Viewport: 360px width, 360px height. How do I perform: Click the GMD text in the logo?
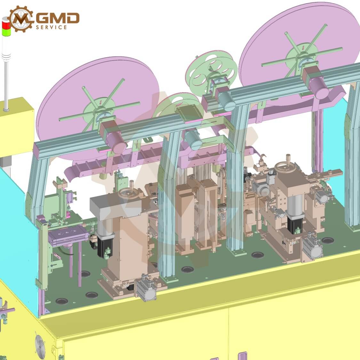(x=58, y=18)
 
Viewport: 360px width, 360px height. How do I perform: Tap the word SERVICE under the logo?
(x=52, y=27)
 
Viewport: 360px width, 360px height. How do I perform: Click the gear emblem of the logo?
(x=20, y=19)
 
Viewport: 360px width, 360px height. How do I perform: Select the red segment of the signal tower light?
(x=6, y=24)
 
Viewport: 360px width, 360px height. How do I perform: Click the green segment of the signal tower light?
(x=6, y=32)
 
